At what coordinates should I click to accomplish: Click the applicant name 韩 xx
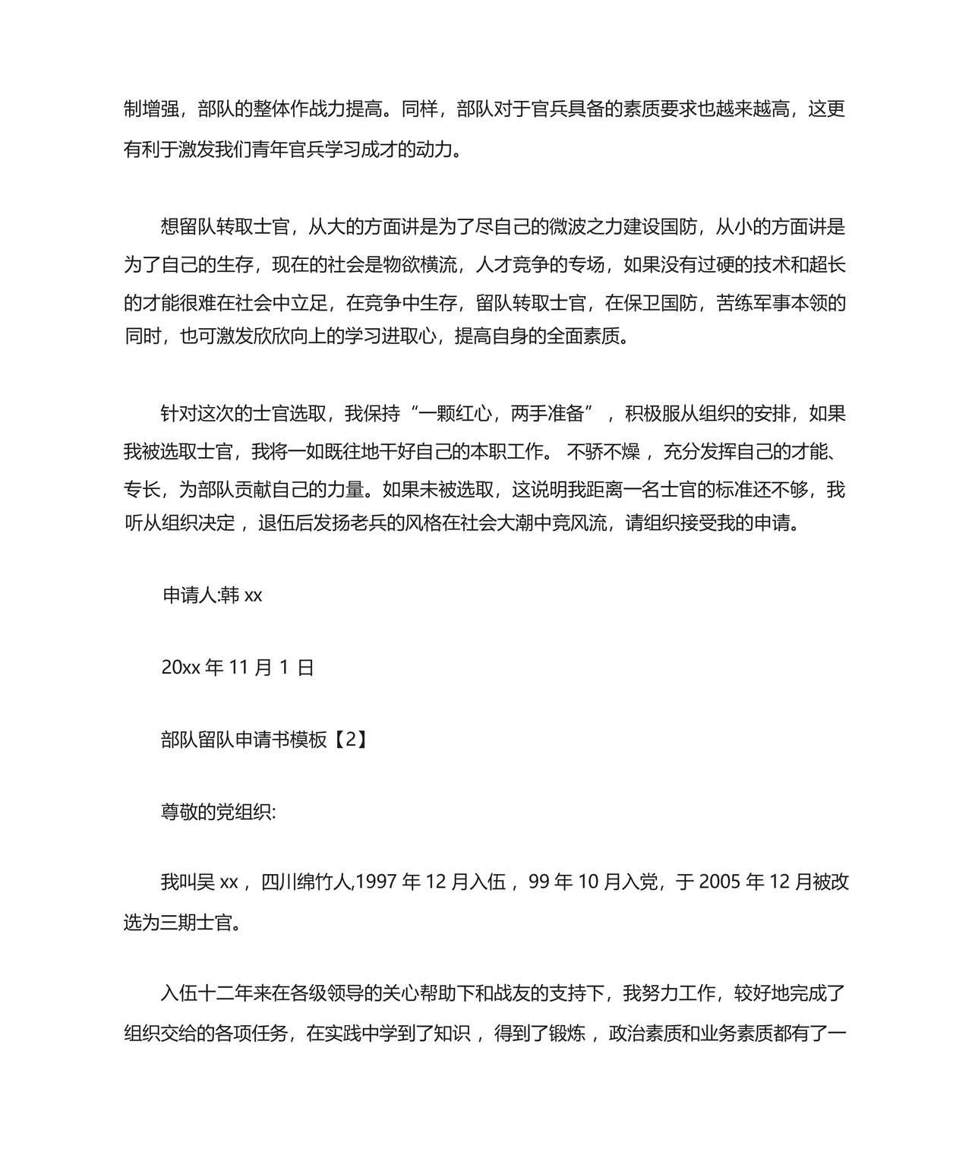(x=241, y=595)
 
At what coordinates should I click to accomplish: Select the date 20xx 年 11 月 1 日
(x=238, y=667)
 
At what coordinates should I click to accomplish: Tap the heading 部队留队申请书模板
(x=244, y=740)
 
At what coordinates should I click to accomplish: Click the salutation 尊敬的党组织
(x=218, y=812)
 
